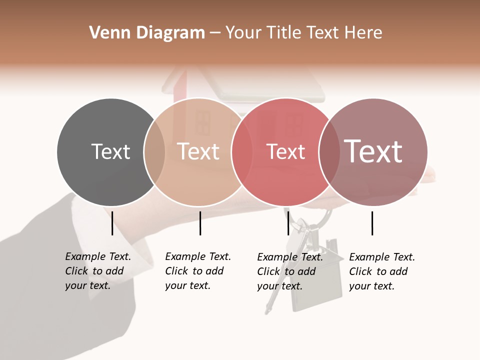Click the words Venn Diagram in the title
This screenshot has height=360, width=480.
147,33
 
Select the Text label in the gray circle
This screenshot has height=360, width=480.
110,151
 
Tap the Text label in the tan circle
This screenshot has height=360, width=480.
198,151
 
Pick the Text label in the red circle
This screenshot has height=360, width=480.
285,151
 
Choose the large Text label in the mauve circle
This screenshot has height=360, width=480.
373,151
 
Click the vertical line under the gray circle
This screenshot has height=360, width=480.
112,223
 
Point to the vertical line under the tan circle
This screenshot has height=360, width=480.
200,223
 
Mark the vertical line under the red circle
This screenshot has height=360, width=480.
288,223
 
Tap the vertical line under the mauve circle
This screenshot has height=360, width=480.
372,223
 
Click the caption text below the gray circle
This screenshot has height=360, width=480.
98,271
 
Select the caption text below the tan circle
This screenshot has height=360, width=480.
198,271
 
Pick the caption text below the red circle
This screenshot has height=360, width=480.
290,271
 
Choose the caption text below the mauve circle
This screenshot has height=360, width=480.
382,271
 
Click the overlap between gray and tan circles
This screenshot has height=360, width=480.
154,151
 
